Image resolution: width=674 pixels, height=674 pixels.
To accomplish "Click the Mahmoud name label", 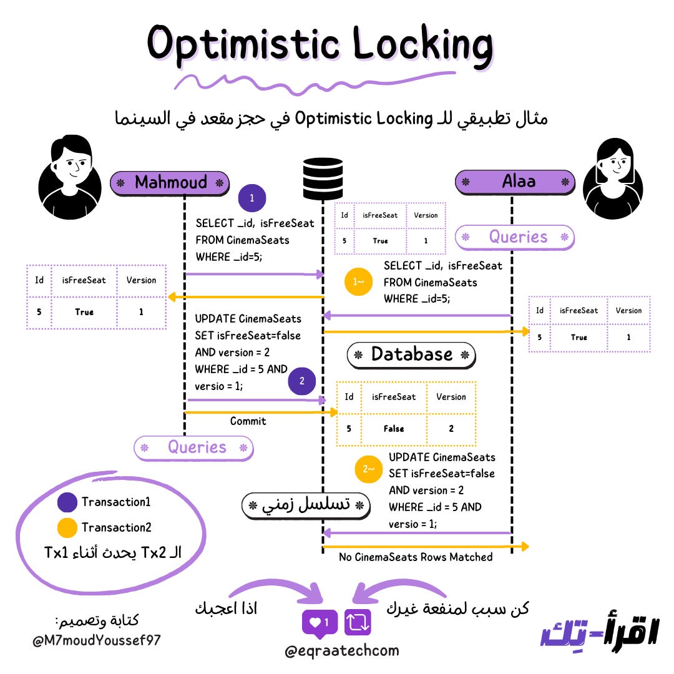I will (x=170, y=183).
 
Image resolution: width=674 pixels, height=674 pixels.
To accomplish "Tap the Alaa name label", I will (x=515, y=182).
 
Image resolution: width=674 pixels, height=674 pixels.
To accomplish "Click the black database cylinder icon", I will (x=323, y=178).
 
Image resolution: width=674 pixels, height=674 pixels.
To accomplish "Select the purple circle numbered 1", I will (x=252, y=199).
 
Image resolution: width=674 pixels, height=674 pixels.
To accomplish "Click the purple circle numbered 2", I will (x=302, y=382).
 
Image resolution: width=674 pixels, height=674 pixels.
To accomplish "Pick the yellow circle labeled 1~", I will (x=359, y=282).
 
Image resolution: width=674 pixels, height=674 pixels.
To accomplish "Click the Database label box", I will (x=411, y=354).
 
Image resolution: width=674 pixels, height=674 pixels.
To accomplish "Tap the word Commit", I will (x=248, y=421).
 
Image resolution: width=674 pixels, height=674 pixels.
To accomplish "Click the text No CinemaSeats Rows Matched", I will (x=416, y=557).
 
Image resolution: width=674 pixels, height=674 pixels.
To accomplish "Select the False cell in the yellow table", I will (x=394, y=429).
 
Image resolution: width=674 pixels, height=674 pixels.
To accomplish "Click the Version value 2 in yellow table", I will (x=451, y=429).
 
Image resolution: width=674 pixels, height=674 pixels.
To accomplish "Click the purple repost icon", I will (x=358, y=622).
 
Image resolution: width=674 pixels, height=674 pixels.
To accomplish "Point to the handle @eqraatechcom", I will (x=341, y=651).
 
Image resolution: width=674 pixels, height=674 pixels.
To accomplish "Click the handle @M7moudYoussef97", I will (x=97, y=640).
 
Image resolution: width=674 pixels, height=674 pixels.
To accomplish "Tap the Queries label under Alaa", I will (x=517, y=237).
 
